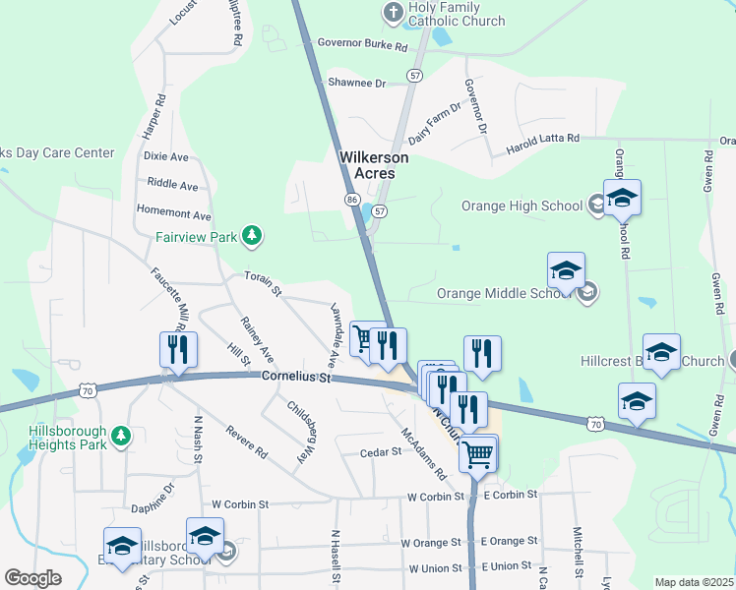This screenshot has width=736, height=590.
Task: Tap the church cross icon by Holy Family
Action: tap(392, 13)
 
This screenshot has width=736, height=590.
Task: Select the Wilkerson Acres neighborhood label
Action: tap(367, 165)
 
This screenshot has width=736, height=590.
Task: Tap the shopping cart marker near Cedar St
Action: tap(478, 455)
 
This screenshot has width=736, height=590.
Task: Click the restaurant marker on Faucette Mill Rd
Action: tap(178, 351)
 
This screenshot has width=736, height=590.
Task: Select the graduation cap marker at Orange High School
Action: tap(622, 199)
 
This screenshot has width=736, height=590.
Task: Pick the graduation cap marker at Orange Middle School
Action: tap(566, 271)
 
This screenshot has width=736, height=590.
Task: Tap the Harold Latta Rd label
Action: tap(542, 145)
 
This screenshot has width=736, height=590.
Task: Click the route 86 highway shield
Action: tap(351, 200)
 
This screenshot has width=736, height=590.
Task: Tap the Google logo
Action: tap(32, 578)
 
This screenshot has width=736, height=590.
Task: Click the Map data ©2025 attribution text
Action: tap(694, 582)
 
